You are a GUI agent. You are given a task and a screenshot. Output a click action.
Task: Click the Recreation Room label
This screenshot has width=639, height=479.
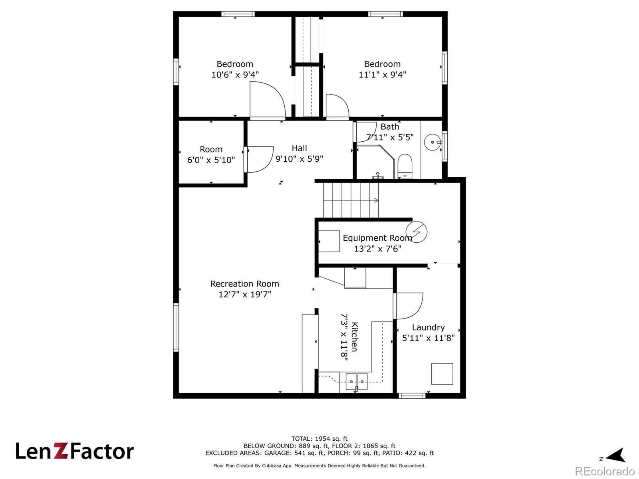pyautogui.click(x=244, y=284)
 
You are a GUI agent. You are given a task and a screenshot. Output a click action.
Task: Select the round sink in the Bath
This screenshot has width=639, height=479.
pyautogui.click(x=433, y=142)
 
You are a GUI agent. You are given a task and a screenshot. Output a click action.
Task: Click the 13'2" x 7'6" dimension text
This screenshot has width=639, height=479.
pyautogui.click(x=377, y=249)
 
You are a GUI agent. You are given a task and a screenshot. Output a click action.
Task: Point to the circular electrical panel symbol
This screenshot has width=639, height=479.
pyautogui.click(x=417, y=232)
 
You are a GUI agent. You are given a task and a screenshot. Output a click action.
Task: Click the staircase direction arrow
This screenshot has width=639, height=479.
pyautogui.click(x=376, y=200)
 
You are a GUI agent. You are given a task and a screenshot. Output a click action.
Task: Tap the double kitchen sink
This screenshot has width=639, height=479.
pyautogui.click(x=356, y=382)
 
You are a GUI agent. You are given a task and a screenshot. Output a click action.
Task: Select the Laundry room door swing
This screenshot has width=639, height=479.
pyautogui.click(x=408, y=306)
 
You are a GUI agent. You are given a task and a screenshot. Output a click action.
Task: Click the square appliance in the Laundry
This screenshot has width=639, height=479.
pyautogui.click(x=442, y=374)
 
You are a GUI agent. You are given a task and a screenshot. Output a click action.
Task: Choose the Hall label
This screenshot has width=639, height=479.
pyautogui.click(x=299, y=148)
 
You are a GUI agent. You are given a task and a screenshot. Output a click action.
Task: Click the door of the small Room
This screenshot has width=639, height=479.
pyautogui.click(x=259, y=159)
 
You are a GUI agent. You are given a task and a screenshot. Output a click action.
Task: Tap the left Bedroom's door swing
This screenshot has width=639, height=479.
pyautogui.click(x=267, y=100)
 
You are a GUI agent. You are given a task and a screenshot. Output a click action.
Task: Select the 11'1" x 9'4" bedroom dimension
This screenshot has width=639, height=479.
pyautogui.click(x=382, y=75)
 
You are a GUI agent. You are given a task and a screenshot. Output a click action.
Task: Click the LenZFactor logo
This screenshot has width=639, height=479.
pyautogui.click(x=75, y=451)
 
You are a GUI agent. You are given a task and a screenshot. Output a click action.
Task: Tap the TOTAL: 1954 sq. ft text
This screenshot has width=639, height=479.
pyautogui.click(x=319, y=439)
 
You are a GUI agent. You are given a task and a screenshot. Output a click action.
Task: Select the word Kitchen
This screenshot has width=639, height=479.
pyautogui.click(x=354, y=337)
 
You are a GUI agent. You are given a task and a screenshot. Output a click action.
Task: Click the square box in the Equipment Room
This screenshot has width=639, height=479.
pyautogui.click(x=329, y=241)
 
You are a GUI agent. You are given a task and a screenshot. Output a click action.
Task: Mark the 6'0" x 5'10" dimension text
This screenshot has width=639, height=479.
pyautogui.click(x=211, y=160)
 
